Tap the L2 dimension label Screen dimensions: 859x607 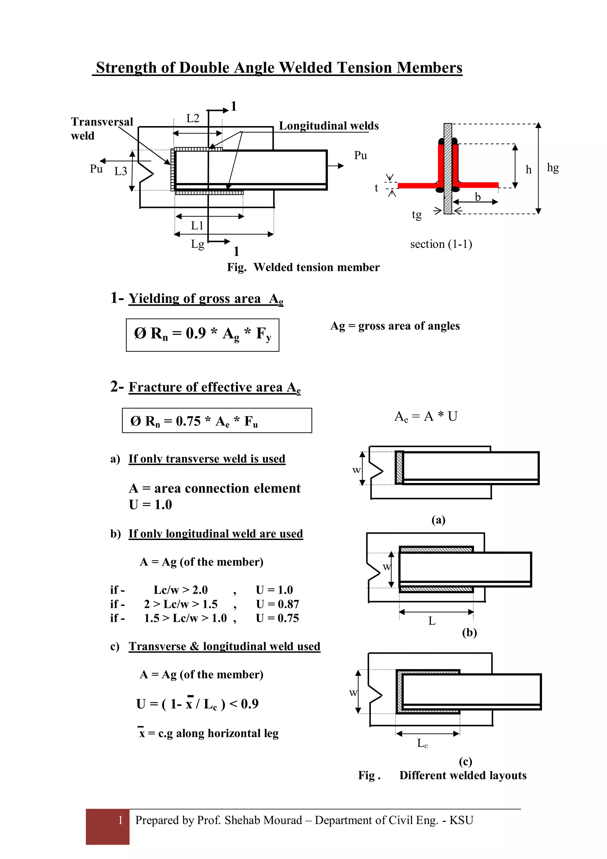(193, 118)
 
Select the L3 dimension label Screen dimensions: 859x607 (120, 171)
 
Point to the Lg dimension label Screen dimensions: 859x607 (197, 244)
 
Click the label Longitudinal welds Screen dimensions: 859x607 (328, 126)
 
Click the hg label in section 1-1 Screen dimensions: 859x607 (552, 167)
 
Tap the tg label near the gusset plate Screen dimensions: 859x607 (416, 214)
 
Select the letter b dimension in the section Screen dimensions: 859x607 (477, 197)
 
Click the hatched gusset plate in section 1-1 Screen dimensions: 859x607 (448, 168)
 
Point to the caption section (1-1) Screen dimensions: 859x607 (441, 244)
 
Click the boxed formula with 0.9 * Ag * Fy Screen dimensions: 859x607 (202, 334)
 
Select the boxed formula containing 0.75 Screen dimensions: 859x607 (217, 420)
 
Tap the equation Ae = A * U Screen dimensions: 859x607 (426, 416)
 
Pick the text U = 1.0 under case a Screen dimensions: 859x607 (150, 505)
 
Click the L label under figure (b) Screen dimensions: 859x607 (432, 621)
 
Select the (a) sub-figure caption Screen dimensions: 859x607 (438, 520)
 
